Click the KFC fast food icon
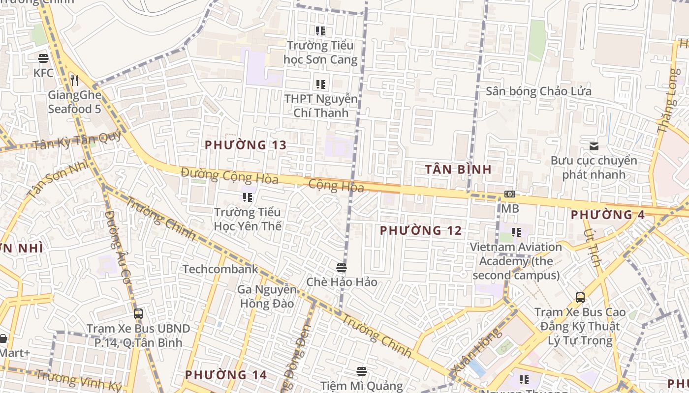(43, 58)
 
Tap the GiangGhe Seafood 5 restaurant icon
(74, 80)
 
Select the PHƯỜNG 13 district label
(245, 145)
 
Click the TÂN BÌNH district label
(458, 169)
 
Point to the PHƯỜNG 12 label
(421, 230)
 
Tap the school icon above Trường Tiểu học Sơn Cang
(320, 31)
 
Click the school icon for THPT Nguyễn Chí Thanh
(320, 84)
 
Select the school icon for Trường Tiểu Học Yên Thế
(248, 197)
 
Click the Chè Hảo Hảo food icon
(342, 268)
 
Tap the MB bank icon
(510, 195)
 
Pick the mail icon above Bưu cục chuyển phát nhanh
(594, 146)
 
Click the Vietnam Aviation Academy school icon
(516, 232)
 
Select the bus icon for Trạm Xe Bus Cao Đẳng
(580, 298)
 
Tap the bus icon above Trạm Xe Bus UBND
(138, 314)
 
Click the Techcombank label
(220, 269)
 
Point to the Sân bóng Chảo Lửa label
(538, 91)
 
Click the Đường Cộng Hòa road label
(229, 175)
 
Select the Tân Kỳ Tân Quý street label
(76, 141)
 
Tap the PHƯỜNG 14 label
(226, 375)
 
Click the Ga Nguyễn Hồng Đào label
(267, 296)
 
